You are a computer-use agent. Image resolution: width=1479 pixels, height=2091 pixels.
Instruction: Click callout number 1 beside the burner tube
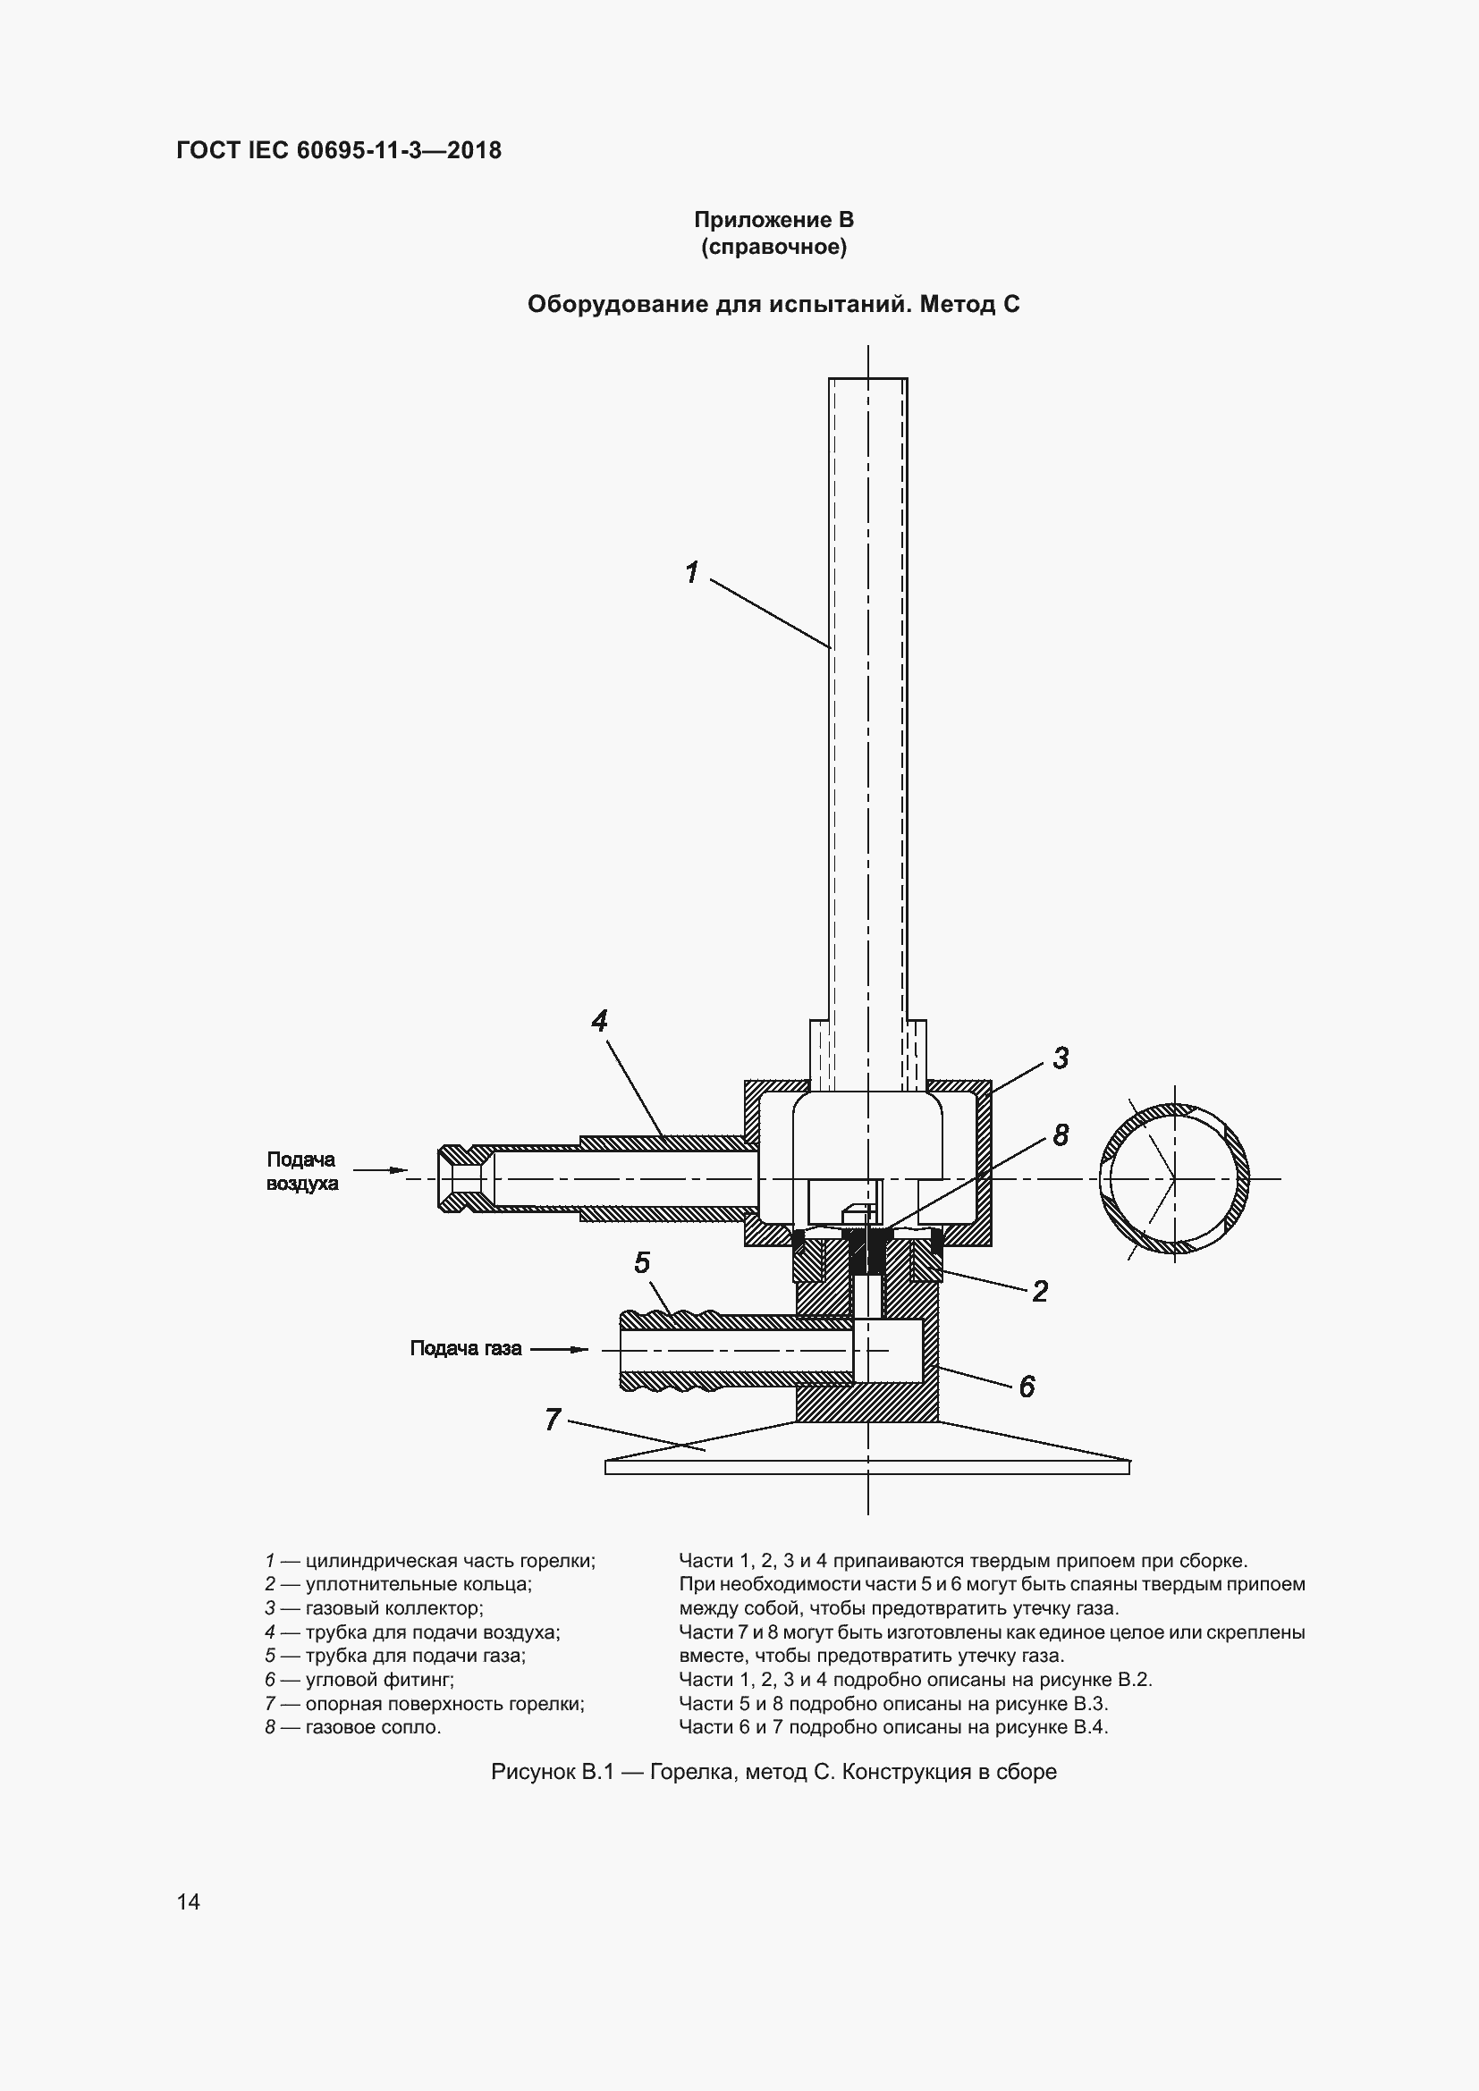[x=692, y=572]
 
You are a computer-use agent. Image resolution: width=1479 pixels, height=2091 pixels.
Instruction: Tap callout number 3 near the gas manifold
[x=1061, y=1058]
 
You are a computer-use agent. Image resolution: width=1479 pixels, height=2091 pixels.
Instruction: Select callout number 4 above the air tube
[x=599, y=1020]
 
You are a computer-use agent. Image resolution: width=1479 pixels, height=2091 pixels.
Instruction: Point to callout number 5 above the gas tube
[x=642, y=1262]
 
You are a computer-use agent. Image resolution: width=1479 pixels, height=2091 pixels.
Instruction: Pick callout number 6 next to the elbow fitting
[x=1027, y=1387]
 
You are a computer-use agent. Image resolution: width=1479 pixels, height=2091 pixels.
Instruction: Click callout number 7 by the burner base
[x=553, y=1419]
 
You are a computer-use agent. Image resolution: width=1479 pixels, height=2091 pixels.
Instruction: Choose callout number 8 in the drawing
[x=1061, y=1134]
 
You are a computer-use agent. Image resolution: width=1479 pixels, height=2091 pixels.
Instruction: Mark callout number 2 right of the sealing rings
[x=1040, y=1291]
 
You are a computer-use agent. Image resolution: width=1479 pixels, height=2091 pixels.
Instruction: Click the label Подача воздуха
[x=302, y=1171]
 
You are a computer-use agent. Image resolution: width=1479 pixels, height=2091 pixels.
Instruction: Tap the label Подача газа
[x=465, y=1348]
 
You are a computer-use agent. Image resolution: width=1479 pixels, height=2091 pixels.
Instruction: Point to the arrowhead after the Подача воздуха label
[x=398, y=1170]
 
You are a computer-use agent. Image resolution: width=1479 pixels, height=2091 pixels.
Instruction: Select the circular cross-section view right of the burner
[x=1174, y=1178]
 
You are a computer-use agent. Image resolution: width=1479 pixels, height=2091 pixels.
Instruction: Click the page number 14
[x=189, y=1901]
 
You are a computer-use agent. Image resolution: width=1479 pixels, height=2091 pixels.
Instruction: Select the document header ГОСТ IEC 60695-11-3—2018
[x=339, y=150]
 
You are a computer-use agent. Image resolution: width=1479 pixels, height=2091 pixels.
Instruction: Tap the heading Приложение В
[x=774, y=220]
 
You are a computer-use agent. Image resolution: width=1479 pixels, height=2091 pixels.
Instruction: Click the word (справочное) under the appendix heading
[x=774, y=247]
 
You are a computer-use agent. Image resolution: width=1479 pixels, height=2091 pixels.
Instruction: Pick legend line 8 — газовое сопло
[x=353, y=1727]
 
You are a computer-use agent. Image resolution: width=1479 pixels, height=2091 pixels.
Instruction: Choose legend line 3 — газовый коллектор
[x=374, y=1608]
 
